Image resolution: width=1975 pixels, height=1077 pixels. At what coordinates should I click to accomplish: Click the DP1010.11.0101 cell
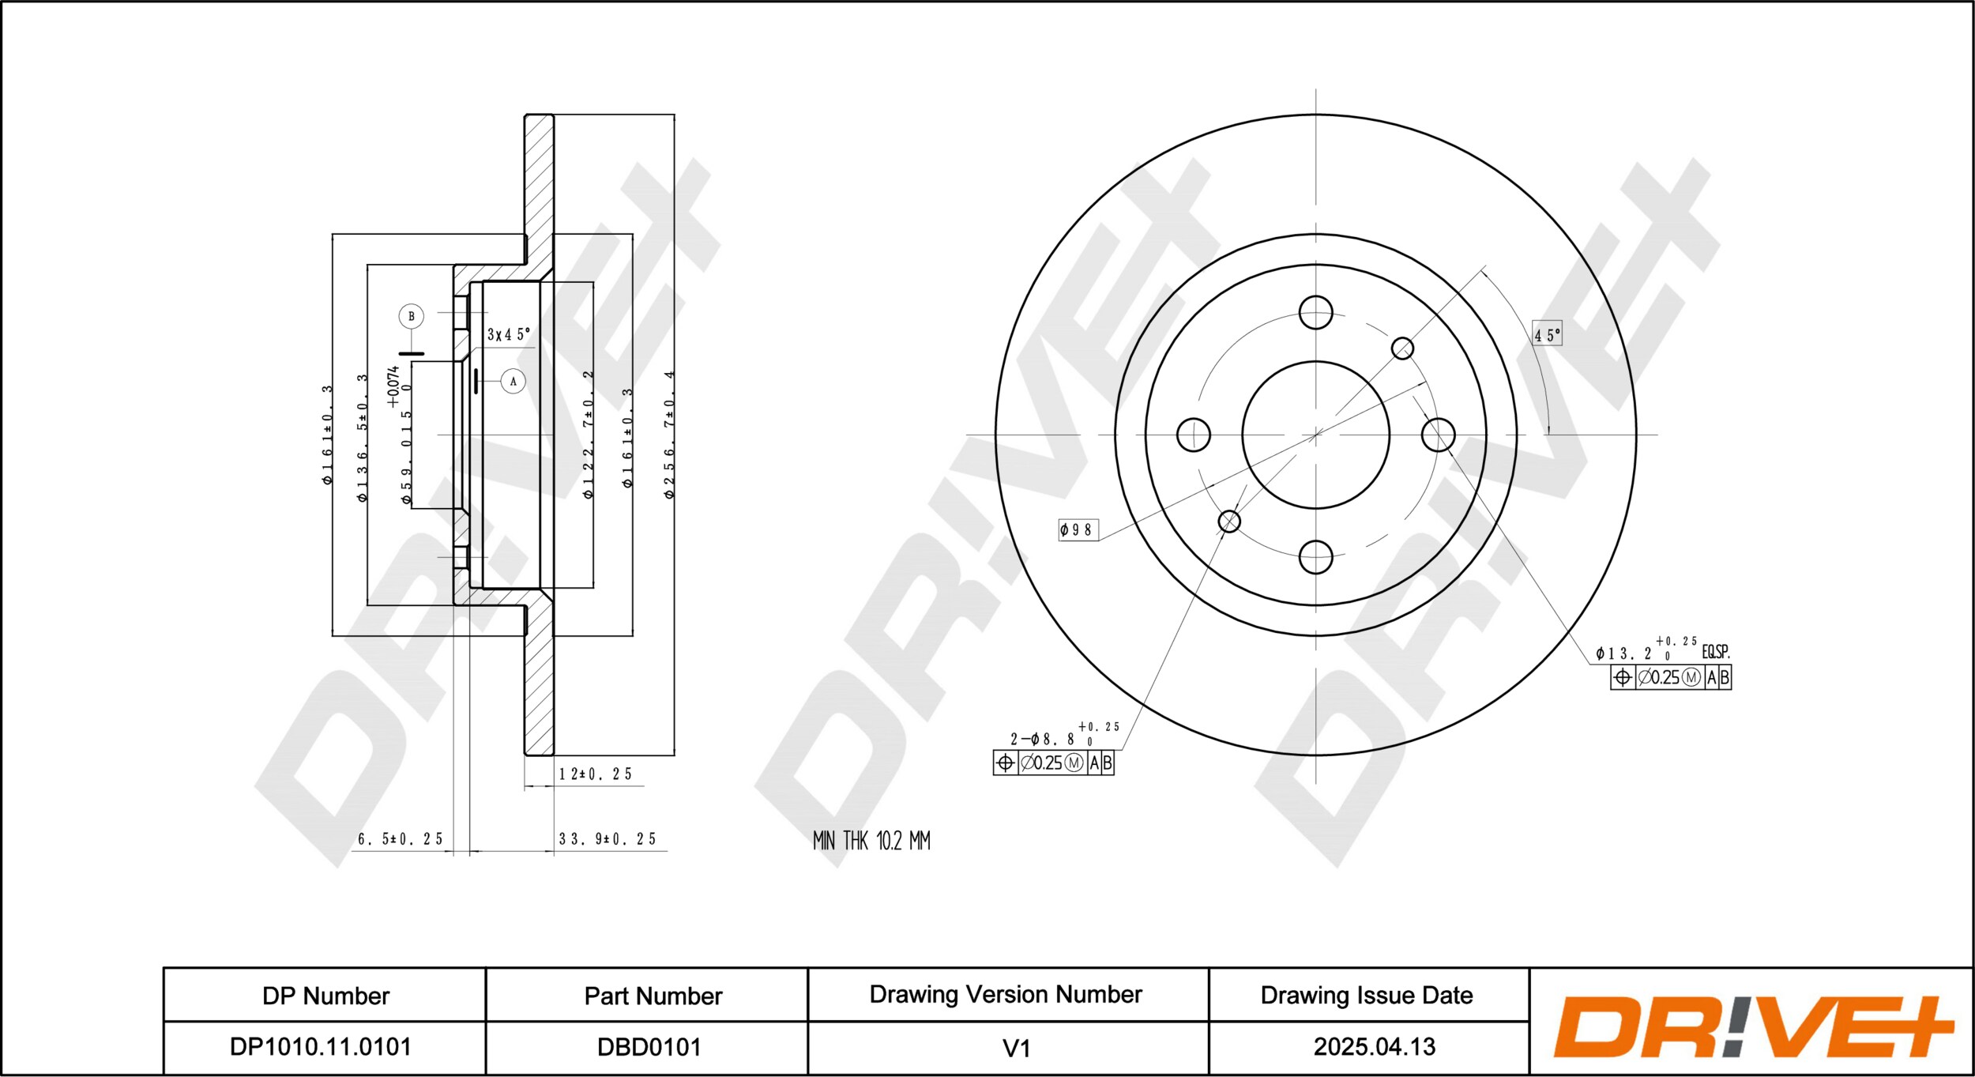pos(320,1047)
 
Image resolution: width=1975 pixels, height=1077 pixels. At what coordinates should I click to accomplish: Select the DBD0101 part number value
pos(649,1047)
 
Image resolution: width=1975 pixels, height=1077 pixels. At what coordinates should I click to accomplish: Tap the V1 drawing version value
pos(1016,1049)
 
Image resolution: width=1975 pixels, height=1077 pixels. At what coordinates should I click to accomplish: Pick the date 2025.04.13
pos(1375,1047)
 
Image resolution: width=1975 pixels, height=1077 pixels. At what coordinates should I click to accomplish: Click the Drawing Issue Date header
pos(1367,996)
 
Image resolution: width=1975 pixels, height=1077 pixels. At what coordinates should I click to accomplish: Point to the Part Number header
pos(653,996)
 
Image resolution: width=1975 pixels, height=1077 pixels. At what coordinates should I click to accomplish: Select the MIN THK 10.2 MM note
pos(871,841)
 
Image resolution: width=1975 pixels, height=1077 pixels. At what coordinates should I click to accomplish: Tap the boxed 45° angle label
pos(1548,335)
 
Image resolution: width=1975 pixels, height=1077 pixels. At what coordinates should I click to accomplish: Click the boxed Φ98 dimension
pos(1078,529)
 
